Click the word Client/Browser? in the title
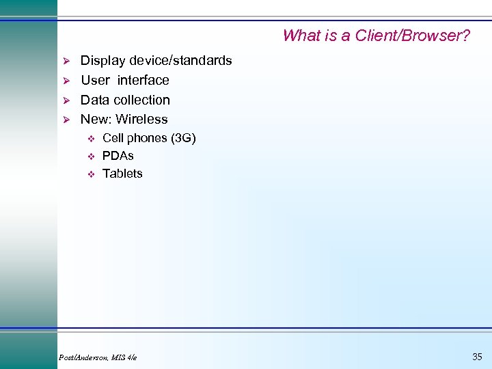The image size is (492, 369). pos(413,36)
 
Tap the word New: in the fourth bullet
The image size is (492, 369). pos(96,119)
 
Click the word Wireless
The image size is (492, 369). pos(142,119)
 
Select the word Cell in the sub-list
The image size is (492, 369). pos(113,138)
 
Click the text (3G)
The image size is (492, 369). pos(182,138)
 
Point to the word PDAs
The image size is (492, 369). pos(118,156)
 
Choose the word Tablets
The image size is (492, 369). pos(122,174)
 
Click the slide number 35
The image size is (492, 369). pos(477,356)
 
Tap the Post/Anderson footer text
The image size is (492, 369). pos(98,357)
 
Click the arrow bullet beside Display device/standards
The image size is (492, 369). pos(67,61)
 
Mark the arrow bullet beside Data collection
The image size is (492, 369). pos(67,100)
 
